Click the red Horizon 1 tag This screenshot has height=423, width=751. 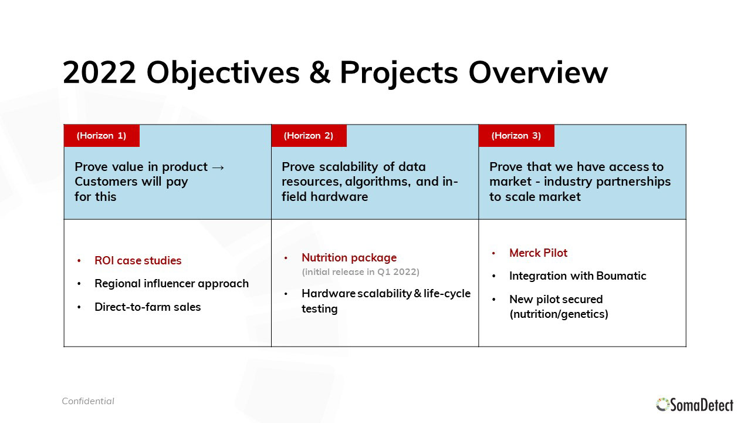point(102,136)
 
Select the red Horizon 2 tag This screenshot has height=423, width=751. point(309,136)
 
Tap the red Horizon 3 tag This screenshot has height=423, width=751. point(516,136)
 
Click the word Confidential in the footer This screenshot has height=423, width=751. point(88,401)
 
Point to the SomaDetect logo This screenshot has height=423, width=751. point(695,405)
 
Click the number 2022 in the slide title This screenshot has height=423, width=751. point(99,72)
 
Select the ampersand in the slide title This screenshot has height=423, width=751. point(320,72)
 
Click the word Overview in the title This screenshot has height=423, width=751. point(538,72)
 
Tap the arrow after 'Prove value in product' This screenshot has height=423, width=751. point(218,167)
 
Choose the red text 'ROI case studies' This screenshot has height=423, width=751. point(138,260)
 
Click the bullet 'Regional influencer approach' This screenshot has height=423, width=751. point(172,284)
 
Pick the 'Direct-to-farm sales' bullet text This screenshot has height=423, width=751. point(147,307)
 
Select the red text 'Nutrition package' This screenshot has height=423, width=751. point(349,258)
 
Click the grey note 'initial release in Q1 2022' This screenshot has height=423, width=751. point(360,272)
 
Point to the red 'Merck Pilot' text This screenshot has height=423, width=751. point(538,253)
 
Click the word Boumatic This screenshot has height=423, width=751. point(621,276)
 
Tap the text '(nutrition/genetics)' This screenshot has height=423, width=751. point(559,314)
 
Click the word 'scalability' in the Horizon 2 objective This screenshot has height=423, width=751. point(349,167)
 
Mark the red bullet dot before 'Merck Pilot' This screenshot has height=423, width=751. point(493,253)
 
